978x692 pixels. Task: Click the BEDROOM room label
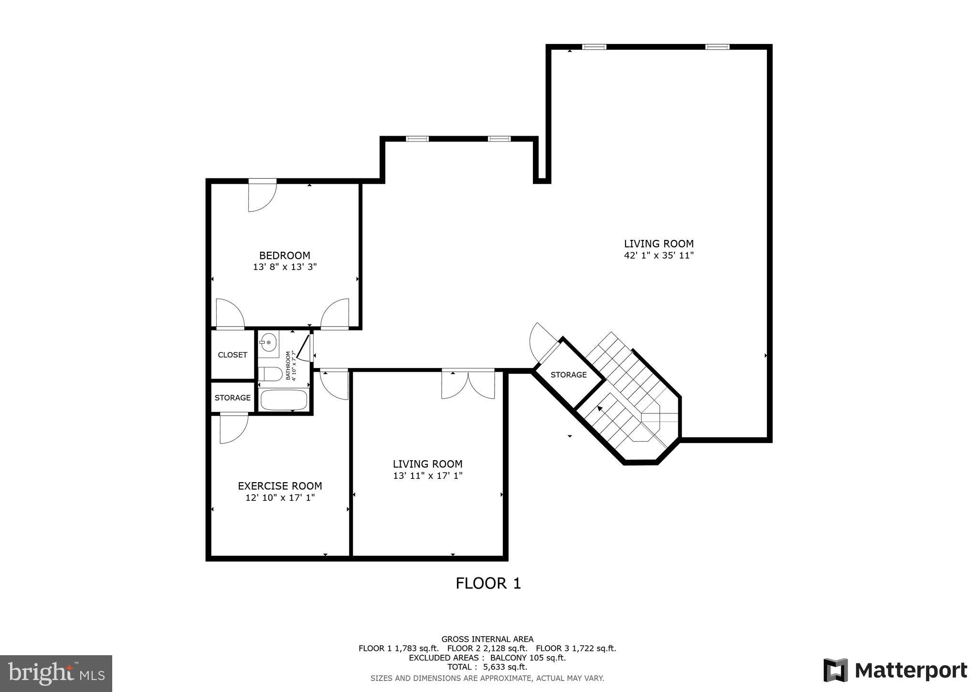coord(285,255)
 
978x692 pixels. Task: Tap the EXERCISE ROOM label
coord(280,486)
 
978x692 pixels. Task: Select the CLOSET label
coord(233,355)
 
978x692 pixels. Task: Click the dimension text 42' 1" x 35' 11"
coord(659,256)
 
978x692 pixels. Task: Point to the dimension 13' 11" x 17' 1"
coord(427,476)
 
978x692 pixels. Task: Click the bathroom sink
coord(268,343)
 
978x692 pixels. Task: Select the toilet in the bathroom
coord(270,374)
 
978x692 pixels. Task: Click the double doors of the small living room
coord(468,385)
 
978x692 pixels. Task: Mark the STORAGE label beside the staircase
coord(568,375)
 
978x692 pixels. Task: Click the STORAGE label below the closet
coord(233,398)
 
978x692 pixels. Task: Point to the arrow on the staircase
coord(599,409)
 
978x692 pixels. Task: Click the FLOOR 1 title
coord(488,583)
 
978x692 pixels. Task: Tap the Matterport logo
coord(895,670)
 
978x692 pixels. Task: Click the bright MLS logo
coord(56,673)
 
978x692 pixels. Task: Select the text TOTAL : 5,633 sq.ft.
coord(487,667)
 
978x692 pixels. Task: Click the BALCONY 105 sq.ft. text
coord(528,658)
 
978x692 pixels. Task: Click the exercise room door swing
coord(233,429)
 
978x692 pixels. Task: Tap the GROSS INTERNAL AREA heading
coord(487,639)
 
